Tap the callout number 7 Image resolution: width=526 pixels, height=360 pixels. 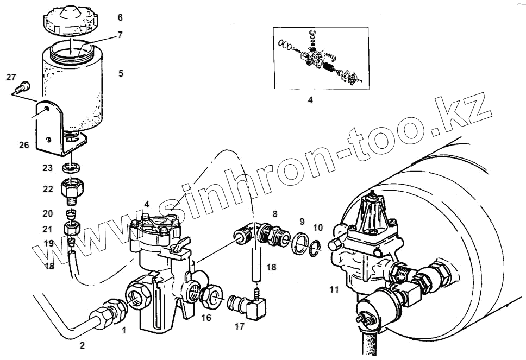(x=120, y=35)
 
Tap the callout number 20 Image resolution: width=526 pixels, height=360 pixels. (x=48, y=214)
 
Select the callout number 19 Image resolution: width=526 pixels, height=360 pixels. (x=49, y=243)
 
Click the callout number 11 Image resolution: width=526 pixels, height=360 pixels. (x=334, y=289)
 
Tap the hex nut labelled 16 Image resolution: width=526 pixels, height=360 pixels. (x=209, y=296)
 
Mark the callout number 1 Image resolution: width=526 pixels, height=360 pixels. (x=124, y=330)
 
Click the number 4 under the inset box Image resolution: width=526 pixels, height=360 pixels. (x=310, y=100)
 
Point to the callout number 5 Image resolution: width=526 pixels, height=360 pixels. (x=121, y=72)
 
